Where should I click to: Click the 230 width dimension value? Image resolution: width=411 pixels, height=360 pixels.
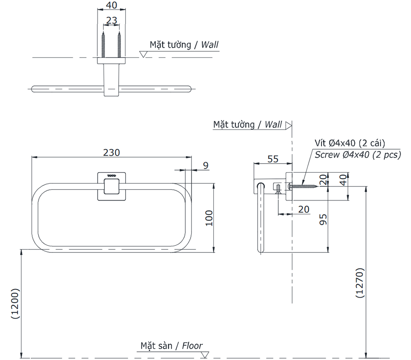tap(111, 152)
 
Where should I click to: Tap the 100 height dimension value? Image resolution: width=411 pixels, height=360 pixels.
tap(209, 218)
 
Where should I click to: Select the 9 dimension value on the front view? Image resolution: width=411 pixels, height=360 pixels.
tap(205, 165)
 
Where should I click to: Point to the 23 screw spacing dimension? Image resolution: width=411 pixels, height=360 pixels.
tap(111, 21)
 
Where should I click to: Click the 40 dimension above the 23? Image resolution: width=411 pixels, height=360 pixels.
tap(111, 5)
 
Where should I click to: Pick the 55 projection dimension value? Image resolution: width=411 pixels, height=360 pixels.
tap(273, 159)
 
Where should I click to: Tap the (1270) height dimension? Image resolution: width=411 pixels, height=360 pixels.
tap(359, 283)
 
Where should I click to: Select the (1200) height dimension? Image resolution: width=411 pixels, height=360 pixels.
tap(14, 304)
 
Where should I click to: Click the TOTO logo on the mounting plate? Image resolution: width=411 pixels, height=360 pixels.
tap(111, 176)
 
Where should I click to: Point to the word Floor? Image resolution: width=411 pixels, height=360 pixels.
tap(192, 346)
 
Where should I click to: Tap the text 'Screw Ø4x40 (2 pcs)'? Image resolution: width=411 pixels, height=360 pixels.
tap(358, 155)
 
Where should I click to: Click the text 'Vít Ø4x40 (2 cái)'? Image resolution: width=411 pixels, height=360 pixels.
tap(349, 143)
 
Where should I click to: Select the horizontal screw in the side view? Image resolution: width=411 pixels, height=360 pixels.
tap(304, 186)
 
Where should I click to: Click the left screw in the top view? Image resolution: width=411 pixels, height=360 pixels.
tap(104, 45)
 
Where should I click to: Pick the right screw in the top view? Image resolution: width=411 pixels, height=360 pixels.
tap(119, 45)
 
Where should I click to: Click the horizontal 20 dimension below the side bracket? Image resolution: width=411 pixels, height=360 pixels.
tap(303, 209)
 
